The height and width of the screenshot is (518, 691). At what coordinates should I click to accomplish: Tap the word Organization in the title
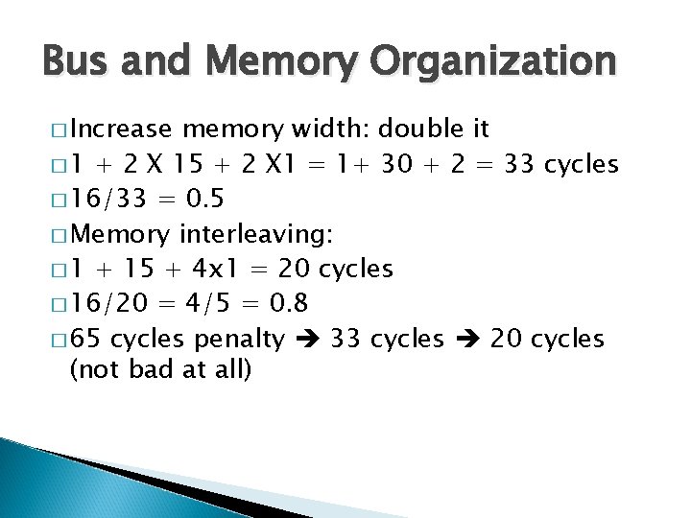click(501, 61)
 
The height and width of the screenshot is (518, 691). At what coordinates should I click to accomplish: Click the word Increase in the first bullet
click(121, 129)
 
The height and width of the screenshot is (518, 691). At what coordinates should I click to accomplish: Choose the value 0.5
click(206, 200)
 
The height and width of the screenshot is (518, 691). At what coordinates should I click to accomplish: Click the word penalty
click(239, 340)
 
